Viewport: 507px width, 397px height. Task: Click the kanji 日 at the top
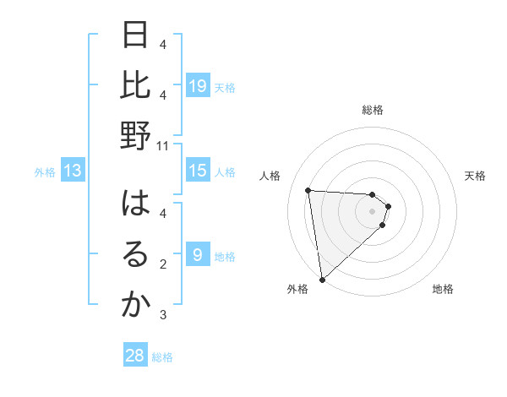(135, 36)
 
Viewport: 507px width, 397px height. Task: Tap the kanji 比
(135, 86)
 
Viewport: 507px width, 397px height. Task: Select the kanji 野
(135, 136)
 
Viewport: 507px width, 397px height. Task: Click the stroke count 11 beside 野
(163, 145)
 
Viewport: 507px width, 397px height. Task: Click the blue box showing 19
(198, 85)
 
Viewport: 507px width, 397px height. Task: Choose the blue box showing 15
(198, 171)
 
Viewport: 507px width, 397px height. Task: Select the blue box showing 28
(135, 356)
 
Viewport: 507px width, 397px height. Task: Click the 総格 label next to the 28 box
(162, 357)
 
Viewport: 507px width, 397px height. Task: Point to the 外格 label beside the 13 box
(45, 172)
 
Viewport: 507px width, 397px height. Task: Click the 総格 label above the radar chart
(373, 110)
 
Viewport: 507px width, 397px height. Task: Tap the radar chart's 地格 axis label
(443, 289)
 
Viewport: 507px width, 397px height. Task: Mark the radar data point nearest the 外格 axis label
(322, 279)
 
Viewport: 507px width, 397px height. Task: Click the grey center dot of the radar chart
(373, 211)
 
